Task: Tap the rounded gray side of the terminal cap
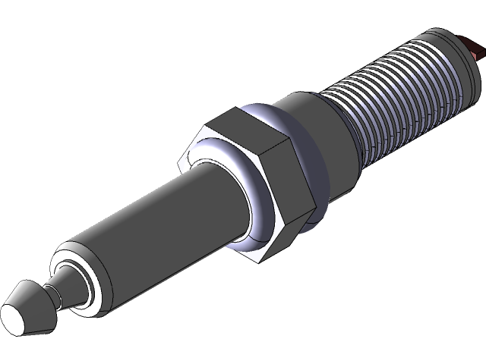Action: coord(36,300)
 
